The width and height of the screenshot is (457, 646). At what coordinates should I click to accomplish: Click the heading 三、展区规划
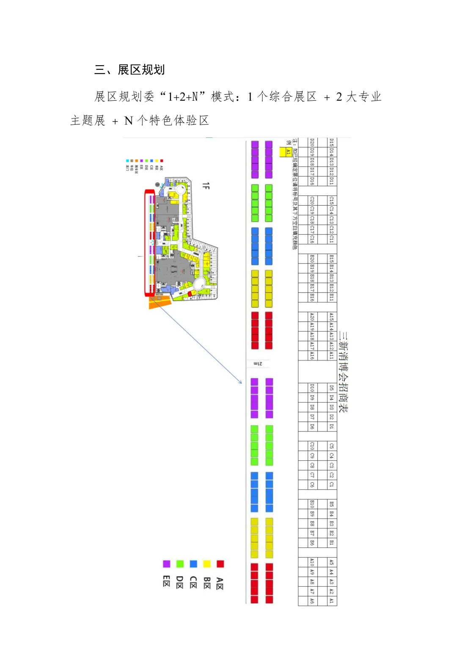[x=129, y=70]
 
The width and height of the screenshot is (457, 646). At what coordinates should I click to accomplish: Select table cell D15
[x=331, y=142]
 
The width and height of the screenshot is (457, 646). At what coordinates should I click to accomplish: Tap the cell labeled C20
[x=312, y=200]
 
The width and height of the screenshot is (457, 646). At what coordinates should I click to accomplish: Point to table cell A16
[x=312, y=355]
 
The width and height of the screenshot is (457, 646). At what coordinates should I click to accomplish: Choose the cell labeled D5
[x=331, y=388]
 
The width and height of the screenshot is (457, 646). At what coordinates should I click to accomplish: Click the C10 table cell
[x=312, y=446]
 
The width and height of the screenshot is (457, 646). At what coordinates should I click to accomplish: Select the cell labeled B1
[x=331, y=542]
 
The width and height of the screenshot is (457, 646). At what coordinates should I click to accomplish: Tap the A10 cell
[x=312, y=562]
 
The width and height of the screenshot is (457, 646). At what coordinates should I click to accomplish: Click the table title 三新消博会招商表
[x=344, y=371]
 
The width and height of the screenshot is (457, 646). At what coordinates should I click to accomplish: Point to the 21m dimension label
[x=258, y=364]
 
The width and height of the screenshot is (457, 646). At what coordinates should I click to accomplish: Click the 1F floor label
[x=206, y=186]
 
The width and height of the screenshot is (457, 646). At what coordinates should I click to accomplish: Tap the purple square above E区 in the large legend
[x=167, y=564]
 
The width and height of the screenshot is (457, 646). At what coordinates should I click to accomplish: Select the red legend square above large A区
[x=220, y=564]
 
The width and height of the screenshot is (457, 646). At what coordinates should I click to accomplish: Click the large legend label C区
[x=193, y=582]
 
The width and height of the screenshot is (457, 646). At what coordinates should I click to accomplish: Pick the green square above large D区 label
[x=180, y=564]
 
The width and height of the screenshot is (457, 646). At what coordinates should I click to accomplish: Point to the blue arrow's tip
[x=242, y=383]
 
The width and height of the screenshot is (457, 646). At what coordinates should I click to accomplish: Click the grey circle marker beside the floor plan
[x=157, y=185]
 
